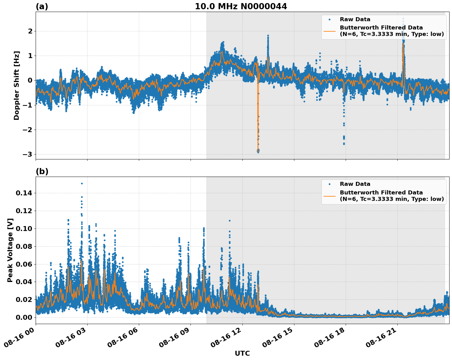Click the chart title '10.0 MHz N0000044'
coord(241,6)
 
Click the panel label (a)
coord(42,6)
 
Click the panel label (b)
coord(42,171)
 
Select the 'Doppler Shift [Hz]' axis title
coord(17,85)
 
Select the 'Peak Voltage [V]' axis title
coord(10,250)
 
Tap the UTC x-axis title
coord(242,354)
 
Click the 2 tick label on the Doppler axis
coord(30,31)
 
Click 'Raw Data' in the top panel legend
coord(355,19)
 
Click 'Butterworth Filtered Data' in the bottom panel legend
coord(381,193)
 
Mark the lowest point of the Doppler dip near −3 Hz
coord(258,151)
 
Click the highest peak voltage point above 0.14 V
coord(82,183)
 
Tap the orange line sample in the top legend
coord(329,31)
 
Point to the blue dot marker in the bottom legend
coord(329,184)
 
